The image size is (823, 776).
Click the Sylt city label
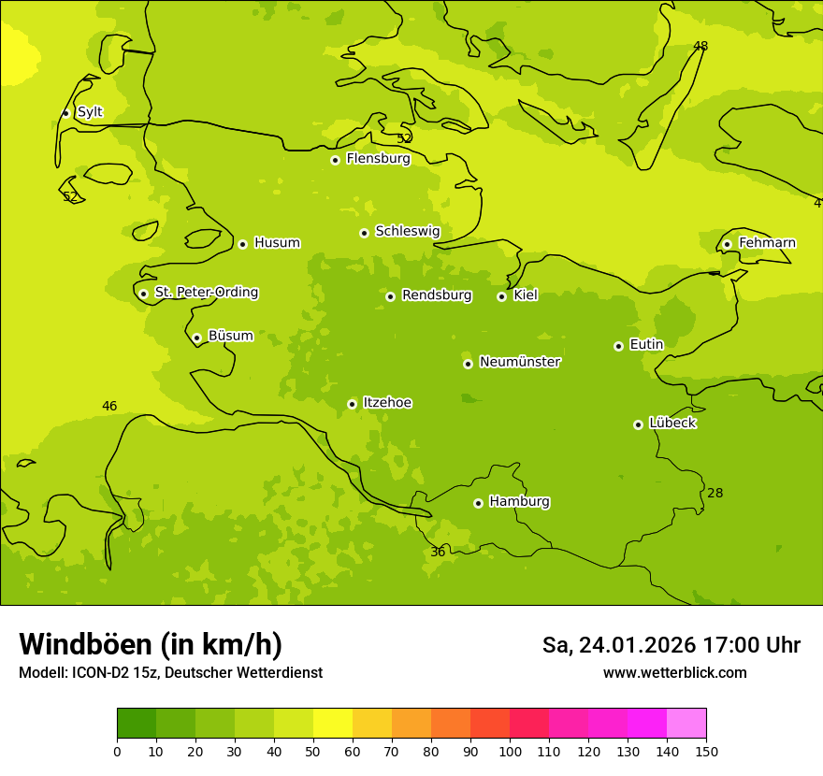point(90,112)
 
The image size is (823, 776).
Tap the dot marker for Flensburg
point(335,160)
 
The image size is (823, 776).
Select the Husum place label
point(277,243)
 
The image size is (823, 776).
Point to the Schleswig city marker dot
point(364,233)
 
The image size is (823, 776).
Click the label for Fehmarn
point(767,243)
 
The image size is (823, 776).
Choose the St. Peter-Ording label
point(207,293)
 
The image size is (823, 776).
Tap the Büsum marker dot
point(196,338)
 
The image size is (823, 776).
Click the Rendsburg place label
point(437,295)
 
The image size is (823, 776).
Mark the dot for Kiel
point(501,296)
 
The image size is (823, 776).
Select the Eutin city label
point(646,345)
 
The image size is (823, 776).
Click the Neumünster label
point(520,362)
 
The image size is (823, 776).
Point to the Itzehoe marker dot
point(352,404)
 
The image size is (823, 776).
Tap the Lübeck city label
point(672,424)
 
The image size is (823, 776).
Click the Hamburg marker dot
point(478,503)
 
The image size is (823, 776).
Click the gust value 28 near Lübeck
point(715,494)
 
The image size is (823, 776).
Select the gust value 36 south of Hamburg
point(438,553)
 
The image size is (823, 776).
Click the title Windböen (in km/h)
point(151,644)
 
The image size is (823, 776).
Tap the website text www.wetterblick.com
point(674,673)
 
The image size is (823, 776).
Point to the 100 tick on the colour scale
point(510,751)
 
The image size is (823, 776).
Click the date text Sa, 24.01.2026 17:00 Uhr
point(671,645)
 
